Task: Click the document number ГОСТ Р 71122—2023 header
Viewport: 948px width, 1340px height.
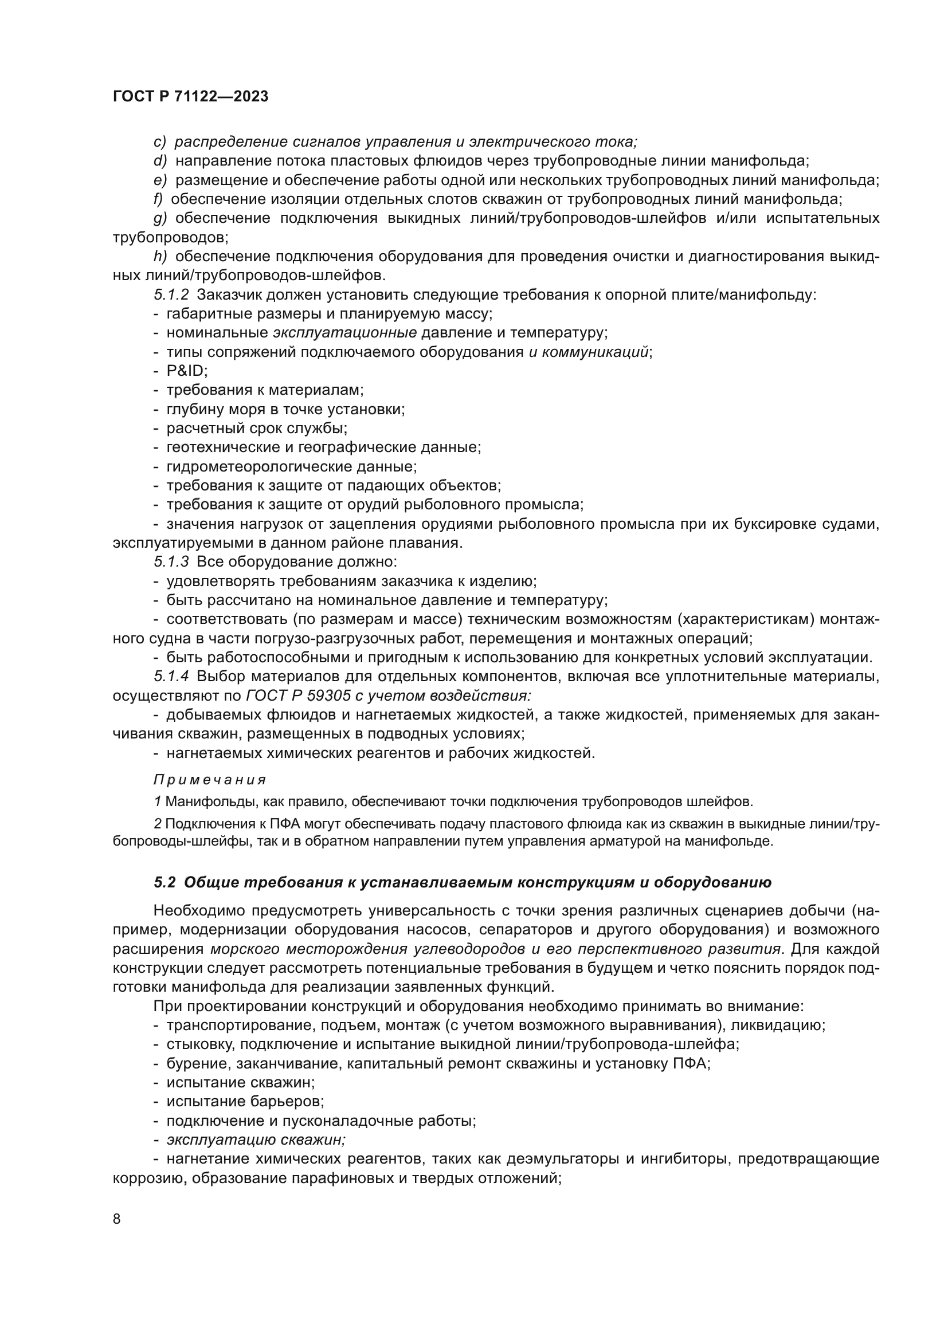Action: click(190, 97)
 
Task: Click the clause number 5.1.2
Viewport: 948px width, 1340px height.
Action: click(171, 294)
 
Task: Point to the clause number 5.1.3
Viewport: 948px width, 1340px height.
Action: click(171, 562)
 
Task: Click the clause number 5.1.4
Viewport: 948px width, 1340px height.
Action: click(171, 677)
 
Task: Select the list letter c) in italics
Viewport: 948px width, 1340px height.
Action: click(160, 142)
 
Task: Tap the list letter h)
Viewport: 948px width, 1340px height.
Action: click(160, 256)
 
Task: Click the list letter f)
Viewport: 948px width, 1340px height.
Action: click(158, 199)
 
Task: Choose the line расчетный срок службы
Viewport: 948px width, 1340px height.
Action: click(257, 428)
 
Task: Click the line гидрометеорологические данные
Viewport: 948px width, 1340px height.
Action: click(291, 466)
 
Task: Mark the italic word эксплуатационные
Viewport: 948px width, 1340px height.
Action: click(344, 333)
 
